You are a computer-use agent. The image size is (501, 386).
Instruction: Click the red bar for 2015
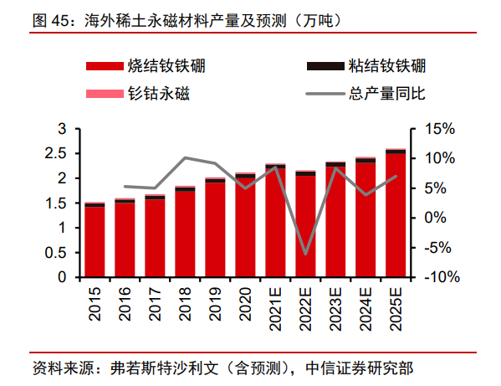[95, 241]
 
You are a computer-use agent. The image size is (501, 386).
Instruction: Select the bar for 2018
[185, 233]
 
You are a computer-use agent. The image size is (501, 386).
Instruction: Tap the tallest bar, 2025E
[396, 214]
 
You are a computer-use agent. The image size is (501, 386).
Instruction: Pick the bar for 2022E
[305, 224]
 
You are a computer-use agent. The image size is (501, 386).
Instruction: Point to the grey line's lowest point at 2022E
[305, 254]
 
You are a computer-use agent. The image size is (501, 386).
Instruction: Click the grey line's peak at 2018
[185, 157]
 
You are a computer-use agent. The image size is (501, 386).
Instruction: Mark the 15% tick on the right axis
[438, 129]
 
